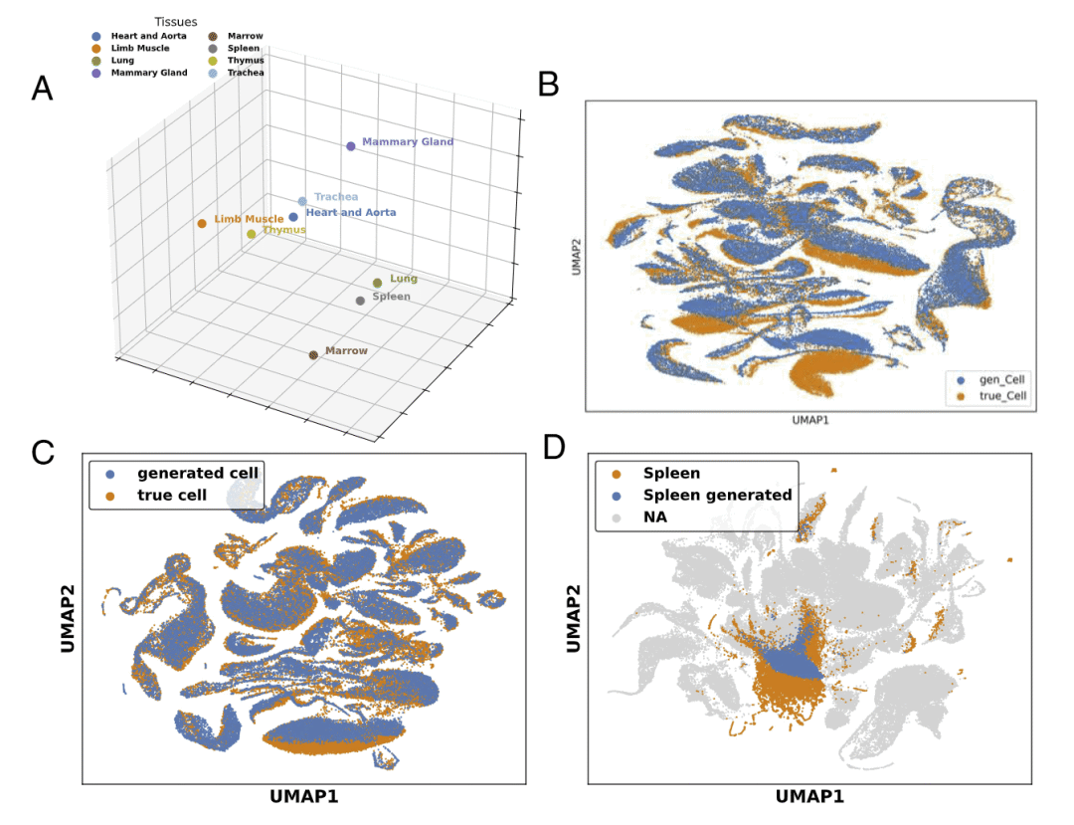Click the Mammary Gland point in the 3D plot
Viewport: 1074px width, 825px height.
click(x=350, y=146)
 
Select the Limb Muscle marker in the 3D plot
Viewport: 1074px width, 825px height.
click(x=202, y=223)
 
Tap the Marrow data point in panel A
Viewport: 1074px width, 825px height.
click(x=313, y=354)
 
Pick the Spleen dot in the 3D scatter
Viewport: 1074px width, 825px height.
click(x=361, y=300)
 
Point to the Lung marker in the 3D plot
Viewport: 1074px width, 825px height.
click(x=377, y=284)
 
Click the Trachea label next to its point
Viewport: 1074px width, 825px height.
click(x=335, y=197)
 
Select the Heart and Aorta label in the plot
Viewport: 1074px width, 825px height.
click(x=350, y=213)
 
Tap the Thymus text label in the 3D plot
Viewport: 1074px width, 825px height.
click(x=284, y=231)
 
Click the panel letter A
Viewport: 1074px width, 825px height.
click(x=42, y=89)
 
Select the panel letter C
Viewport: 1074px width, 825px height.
click(x=42, y=451)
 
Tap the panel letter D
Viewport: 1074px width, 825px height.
click(x=554, y=448)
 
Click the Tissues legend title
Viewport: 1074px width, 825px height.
click(x=176, y=21)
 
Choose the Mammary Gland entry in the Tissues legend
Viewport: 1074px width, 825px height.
click(x=148, y=73)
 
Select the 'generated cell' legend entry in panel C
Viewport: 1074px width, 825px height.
click(x=197, y=473)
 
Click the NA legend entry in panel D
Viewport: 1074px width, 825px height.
click(x=655, y=517)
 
